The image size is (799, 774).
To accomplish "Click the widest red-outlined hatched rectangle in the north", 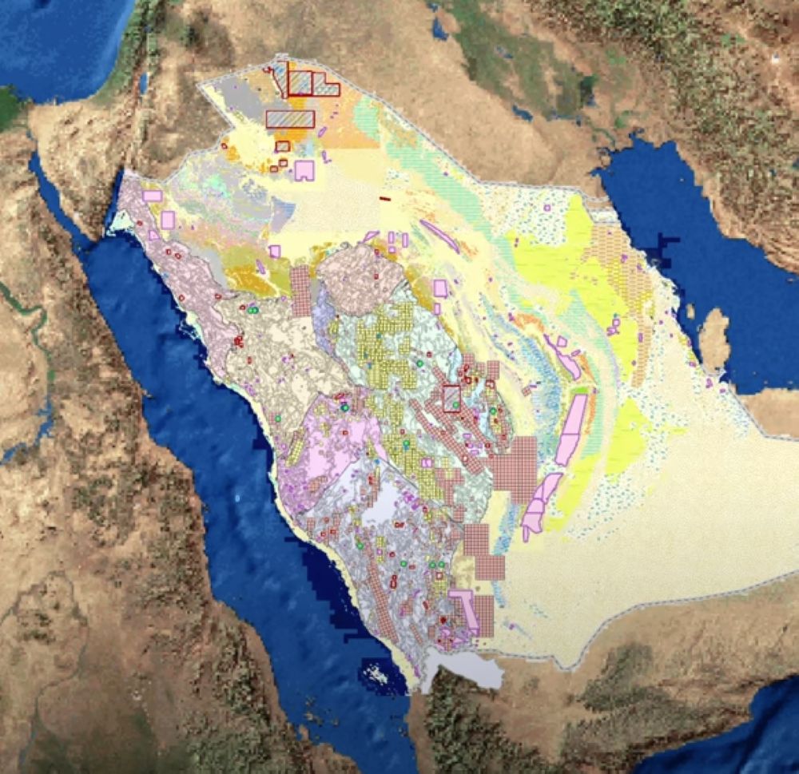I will (x=290, y=119).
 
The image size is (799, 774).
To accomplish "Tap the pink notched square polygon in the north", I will (x=304, y=170).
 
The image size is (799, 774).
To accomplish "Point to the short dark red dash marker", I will (x=385, y=198).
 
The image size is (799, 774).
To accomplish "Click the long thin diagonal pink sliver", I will (x=439, y=236).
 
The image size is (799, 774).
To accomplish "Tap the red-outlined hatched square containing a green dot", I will (x=451, y=398).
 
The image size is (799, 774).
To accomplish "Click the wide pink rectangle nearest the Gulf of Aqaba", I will (x=152, y=196).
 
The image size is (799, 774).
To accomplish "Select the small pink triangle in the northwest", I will (x=153, y=235).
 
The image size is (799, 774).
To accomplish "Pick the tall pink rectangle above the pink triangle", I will (x=168, y=220).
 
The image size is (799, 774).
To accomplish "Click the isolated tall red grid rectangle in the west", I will (x=300, y=291).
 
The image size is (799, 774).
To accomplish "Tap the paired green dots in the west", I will (x=252, y=309).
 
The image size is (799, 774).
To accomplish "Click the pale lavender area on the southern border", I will (x=463, y=671).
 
